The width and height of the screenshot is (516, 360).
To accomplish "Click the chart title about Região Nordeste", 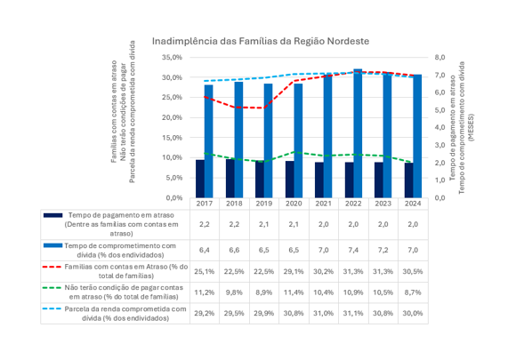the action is [261, 42].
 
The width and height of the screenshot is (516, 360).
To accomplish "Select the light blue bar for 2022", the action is [358, 133].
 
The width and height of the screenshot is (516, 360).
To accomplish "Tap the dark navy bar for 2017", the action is [200, 179].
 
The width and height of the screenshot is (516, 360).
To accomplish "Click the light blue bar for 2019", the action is [268, 140].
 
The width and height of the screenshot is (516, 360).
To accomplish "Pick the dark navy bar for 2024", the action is [409, 180].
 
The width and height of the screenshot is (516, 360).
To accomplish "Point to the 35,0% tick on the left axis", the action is [172, 58].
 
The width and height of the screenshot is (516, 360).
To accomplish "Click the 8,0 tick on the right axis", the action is [439, 58].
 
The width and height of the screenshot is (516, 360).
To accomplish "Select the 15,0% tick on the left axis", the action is [172, 138].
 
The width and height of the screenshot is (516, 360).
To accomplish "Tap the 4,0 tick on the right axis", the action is [439, 128].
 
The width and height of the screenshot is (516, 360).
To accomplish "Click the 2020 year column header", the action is [294, 204].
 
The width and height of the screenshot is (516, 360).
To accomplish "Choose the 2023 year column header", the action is [383, 204].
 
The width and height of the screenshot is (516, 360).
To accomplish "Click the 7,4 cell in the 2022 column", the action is [353, 250].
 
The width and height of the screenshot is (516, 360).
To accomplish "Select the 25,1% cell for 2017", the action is [205, 272].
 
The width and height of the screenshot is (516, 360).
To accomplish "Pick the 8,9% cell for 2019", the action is [264, 292].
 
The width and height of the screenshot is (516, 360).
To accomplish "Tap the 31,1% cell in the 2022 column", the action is [353, 313].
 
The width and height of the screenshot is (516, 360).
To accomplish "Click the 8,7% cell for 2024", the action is [413, 292].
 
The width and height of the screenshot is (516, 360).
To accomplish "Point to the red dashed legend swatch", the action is [52, 267].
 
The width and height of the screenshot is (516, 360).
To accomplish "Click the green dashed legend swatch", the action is [52, 288].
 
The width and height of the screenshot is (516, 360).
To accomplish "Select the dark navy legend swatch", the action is [52, 215].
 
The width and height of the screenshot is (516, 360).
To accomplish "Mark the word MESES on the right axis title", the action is [472, 128].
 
